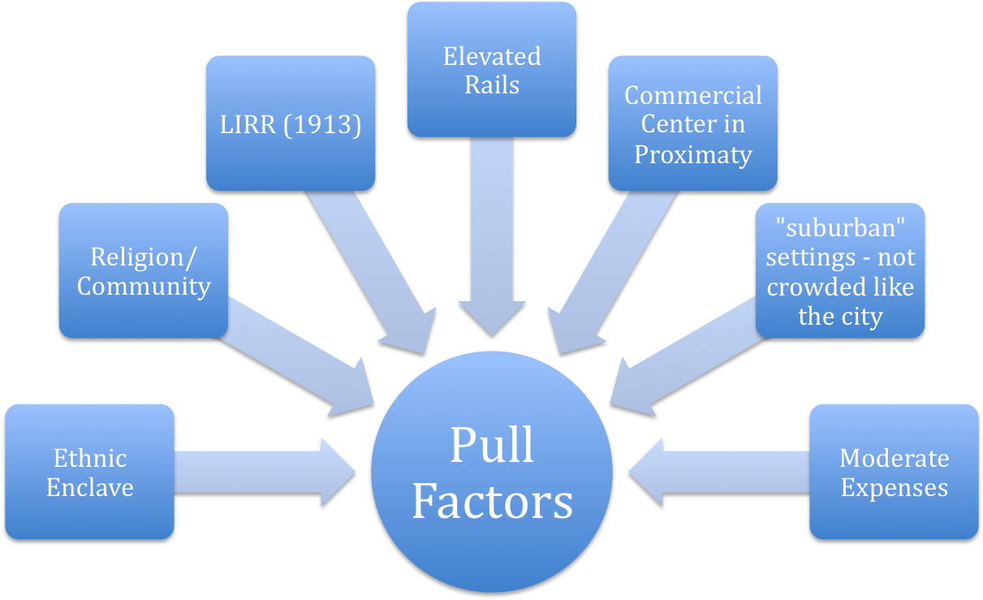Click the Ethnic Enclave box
click(89, 472)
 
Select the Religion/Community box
click(143, 270)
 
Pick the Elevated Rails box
click(492, 69)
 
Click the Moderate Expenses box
click(894, 472)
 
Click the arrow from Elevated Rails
click(492, 244)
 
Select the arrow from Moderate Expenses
click(714, 471)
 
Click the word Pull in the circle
click(492, 444)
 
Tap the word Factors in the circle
click(492, 501)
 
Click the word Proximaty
click(692, 154)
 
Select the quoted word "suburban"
click(840, 228)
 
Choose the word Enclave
click(89, 487)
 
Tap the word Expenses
click(894, 487)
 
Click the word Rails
click(492, 84)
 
